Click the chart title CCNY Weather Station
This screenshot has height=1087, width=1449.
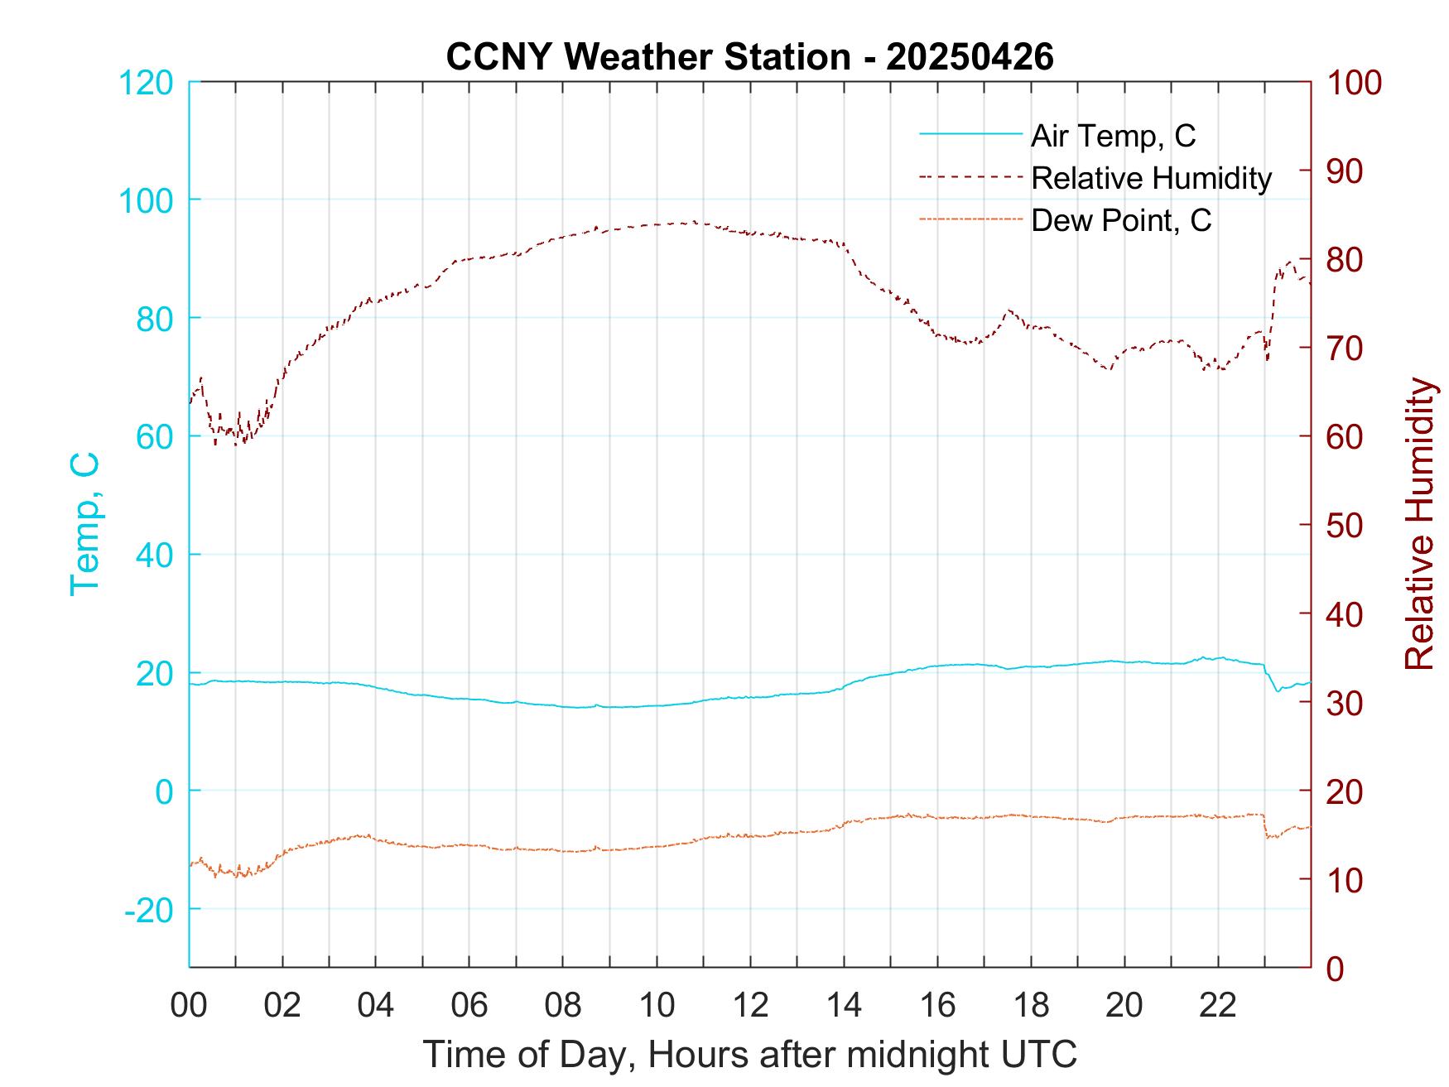click(749, 56)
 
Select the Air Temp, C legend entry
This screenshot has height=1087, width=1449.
click(1113, 136)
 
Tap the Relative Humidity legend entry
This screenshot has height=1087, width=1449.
click(1151, 178)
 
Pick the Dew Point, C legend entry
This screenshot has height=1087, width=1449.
click(1120, 220)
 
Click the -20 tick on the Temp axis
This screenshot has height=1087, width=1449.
click(149, 910)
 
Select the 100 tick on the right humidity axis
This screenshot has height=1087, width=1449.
click(1354, 83)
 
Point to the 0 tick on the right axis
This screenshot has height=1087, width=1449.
click(1336, 968)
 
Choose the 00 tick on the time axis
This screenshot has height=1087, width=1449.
click(189, 1006)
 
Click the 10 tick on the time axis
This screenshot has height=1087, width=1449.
click(657, 1006)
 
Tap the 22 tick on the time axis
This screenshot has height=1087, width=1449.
click(1218, 1006)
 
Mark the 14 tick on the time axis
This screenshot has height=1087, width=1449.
click(844, 1006)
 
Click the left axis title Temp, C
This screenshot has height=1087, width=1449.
click(84, 523)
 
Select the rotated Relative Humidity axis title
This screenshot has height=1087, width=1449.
click(1419, 523)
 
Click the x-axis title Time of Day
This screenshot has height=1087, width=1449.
click(750, 1055)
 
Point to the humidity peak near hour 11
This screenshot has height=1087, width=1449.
click(694, 222)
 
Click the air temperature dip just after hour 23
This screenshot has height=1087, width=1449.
click(1278, 690)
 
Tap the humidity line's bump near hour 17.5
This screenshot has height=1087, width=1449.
click(1009, 310)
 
